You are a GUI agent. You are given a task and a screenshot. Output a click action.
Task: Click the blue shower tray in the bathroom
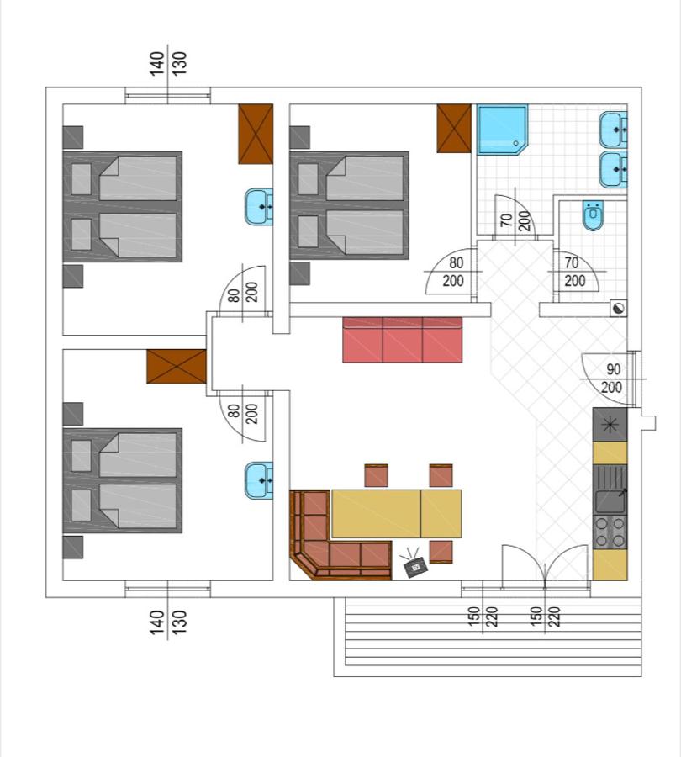coord(503,129)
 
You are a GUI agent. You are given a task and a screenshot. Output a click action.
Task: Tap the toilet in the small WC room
coord(593,216)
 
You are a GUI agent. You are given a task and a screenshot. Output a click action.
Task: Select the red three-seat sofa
coord(403,340)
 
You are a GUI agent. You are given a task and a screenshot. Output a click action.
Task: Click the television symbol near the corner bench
coord(415,568)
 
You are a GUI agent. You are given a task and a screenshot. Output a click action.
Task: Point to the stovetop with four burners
coord(610,532)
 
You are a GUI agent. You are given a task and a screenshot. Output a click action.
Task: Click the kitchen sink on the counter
coord(610,500)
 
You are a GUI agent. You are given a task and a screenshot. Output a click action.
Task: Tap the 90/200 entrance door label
coord(612,378)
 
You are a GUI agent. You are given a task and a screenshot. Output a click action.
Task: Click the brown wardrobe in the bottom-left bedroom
coord(177,367)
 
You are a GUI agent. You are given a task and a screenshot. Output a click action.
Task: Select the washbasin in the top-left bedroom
coord(259,206)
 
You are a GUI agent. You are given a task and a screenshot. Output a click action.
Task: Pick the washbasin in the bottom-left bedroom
coord(259,479)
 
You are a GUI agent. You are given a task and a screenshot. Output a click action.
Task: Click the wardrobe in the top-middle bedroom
coord(453,128)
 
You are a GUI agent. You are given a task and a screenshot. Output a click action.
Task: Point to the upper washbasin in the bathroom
coord(612,130)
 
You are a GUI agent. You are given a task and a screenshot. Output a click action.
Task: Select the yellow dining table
coord(397,513)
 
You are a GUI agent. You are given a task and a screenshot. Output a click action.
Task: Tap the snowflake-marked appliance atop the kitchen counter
coord(610,424)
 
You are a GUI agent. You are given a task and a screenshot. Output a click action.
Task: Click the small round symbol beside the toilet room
coord(619,309)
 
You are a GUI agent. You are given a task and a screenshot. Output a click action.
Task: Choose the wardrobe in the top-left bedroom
coord(256,133)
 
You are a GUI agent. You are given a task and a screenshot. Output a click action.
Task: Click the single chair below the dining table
coord(441,552)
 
